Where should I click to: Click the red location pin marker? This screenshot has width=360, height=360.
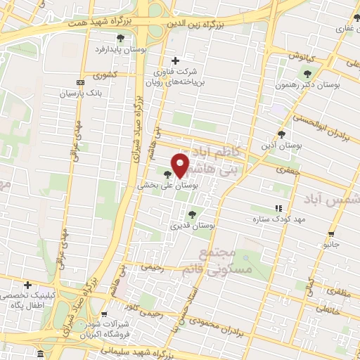click(180, 165)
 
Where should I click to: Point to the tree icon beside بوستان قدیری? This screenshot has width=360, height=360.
click(193, 215)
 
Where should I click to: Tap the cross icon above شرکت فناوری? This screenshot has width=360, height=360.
click(175, 60)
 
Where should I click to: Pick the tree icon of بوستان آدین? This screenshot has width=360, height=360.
click(282, 134)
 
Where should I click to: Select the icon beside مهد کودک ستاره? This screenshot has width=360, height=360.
click(278, 208)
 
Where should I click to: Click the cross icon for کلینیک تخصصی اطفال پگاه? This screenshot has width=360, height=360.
click(27, 285)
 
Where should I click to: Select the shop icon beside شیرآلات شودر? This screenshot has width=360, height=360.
click(104, 315)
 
